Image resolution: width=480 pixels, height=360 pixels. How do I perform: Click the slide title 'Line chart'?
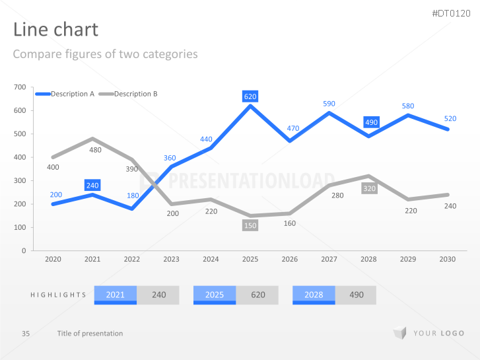(x=55, y=30)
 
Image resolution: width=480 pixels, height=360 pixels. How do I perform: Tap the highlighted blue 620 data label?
(x=250, y=96)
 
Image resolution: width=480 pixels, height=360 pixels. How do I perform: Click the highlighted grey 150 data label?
(x=250, y=225)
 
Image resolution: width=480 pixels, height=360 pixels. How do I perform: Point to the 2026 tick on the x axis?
(x=290, y=260)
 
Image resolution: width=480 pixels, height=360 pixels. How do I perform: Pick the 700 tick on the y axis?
(x=20, y=87)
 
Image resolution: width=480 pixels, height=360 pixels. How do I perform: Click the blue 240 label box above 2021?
(x=92, y=186)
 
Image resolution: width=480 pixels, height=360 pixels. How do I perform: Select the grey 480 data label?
(x=96, y=150)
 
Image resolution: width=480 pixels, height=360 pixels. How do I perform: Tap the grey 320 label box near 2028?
(x=368, y=188)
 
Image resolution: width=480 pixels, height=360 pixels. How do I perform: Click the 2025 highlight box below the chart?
(x=215, y=295)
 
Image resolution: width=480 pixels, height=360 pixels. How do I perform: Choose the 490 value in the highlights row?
(x=355, y=295)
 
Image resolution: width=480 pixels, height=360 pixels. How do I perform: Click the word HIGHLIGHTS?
(x=58, y=295)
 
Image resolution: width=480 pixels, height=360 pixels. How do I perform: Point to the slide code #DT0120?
(x=452, y=13)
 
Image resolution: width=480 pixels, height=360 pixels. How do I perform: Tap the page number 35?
(x=26, y=334)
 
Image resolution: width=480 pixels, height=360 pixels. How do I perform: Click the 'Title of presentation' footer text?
(x=90, y=334)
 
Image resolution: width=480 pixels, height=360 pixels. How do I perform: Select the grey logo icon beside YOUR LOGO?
(x=399, y=333)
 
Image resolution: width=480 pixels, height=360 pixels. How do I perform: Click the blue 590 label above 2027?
(x=329, y=104)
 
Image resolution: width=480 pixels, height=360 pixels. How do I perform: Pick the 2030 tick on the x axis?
(x=448, y=260)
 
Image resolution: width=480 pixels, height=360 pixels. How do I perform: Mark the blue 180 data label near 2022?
(x=133, y=196)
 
